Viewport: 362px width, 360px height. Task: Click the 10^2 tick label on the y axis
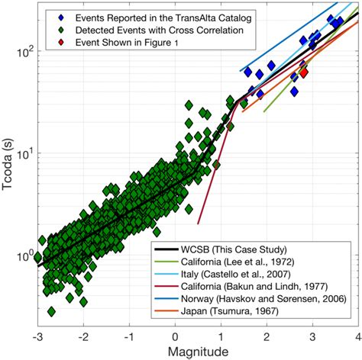21,53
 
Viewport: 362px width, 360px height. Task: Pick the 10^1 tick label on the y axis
21,153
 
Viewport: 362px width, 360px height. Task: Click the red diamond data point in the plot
303,72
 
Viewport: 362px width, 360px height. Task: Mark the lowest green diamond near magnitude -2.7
51,311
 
